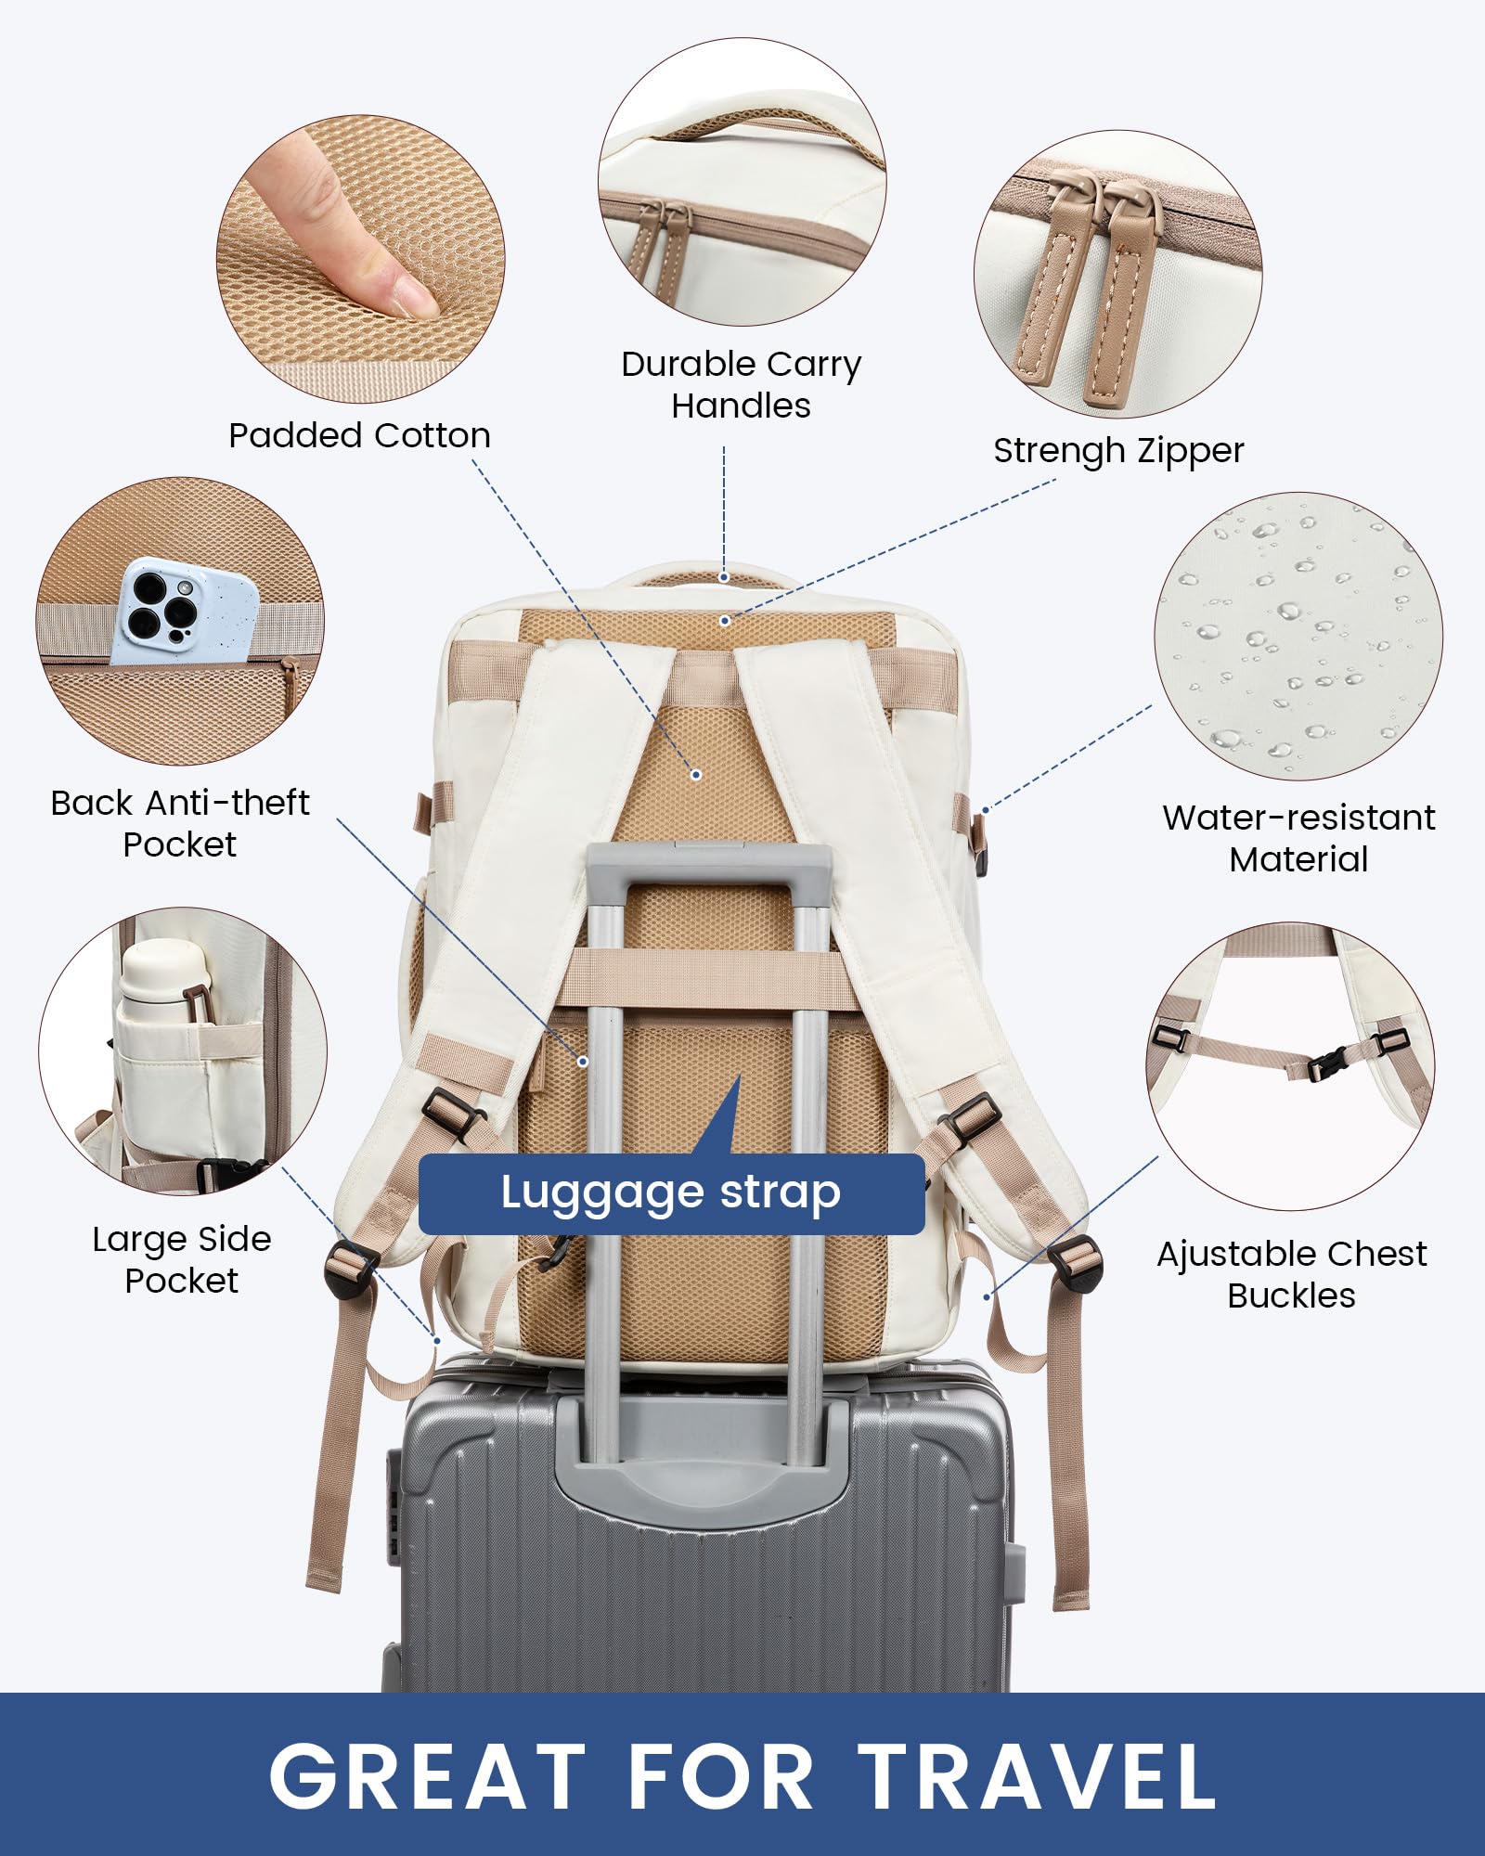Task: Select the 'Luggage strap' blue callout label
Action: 671,1193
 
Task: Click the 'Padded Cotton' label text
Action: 359,435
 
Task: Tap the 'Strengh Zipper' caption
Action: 1117,451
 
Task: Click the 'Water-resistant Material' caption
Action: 1298,838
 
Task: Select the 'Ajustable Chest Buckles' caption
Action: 1291,1274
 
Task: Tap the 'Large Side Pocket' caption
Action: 182,1259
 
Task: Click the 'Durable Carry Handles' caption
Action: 741,384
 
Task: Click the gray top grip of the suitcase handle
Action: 707,862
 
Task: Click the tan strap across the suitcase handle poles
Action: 705,979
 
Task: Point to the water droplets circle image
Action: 1298,637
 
